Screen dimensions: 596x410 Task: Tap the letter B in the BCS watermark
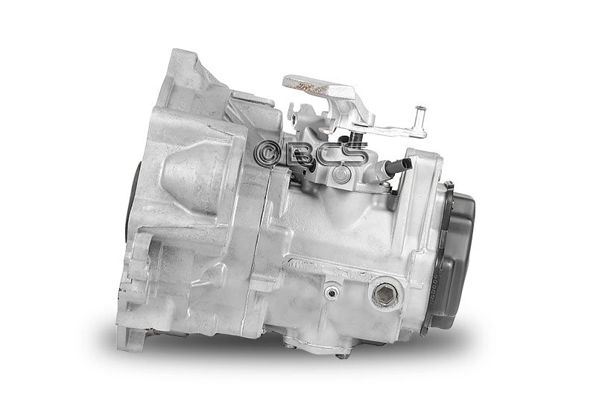(x=301, y=154)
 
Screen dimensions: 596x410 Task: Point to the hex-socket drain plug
(x=384, y=294)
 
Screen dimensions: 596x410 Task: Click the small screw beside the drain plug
(x=332, y=292)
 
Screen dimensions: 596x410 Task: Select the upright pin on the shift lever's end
(x=420, y=118)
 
